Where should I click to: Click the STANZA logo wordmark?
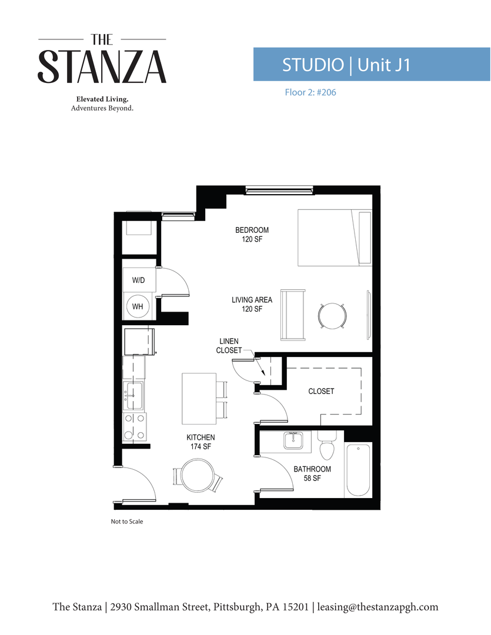point(102,66)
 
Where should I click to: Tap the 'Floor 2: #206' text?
point(309,92)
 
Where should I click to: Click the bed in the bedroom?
point(335,237)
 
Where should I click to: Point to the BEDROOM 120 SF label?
point(252,235)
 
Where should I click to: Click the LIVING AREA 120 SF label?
point(252,304)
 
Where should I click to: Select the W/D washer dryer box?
point(139,281)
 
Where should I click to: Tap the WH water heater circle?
point(138,306)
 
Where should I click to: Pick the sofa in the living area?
point(293,315)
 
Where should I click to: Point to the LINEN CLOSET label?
point(229,346)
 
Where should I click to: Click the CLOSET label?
point(321,391)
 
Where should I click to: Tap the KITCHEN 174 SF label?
point(201,442)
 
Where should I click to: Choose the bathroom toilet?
point(325,447)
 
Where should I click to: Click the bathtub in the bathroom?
point(358,470)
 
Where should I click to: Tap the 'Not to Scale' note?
point(126,522)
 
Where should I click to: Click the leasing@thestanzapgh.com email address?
point(378,607)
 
